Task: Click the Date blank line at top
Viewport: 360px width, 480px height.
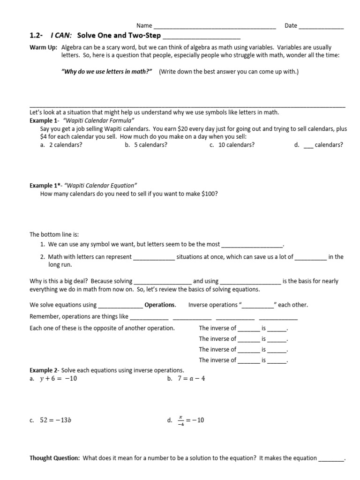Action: pos(321,27)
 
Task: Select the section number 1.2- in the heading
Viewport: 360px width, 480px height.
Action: pos(37,36)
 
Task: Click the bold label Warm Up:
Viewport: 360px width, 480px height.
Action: pos(44,48)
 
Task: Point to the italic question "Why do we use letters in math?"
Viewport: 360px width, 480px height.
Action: pos(107,72)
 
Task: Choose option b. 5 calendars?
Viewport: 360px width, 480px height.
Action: pos(146,145)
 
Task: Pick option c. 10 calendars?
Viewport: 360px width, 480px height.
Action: pos(232,145)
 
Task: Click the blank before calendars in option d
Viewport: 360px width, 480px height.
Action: pos(308,146)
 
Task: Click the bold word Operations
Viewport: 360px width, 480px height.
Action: pos(160,305)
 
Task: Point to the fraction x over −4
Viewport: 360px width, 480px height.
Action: pos(180,420)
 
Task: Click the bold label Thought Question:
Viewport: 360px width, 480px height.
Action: pos(55,458)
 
